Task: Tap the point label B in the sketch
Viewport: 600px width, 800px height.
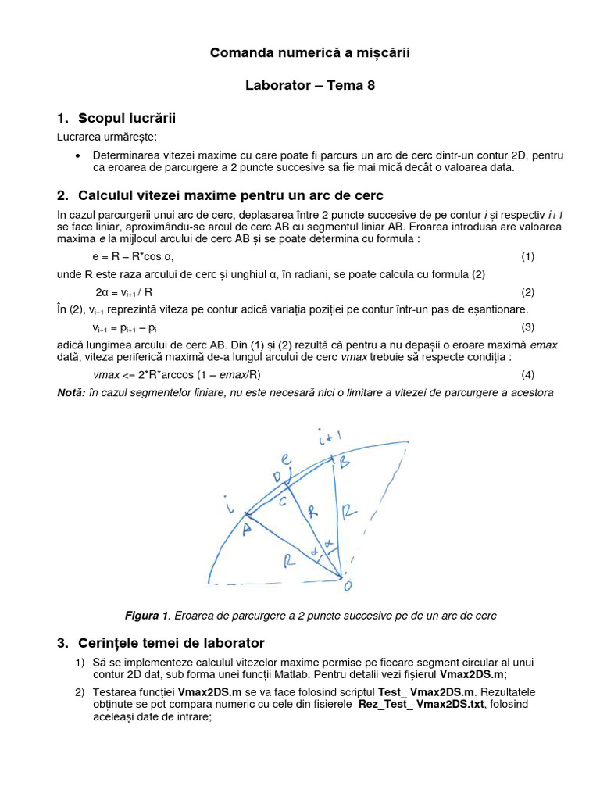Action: [x=343, y=462]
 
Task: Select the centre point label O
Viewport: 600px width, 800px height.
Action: [x=345, y=584]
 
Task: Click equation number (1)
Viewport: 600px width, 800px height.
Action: [x=527, y=256]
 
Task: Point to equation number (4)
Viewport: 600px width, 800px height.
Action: [x=527, y=374]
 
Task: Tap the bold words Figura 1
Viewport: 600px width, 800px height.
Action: [x=147, y=616]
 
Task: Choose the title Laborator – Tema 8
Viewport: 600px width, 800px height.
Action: [x=309, y=85]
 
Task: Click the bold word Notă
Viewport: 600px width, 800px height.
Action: [x=71, y=392]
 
